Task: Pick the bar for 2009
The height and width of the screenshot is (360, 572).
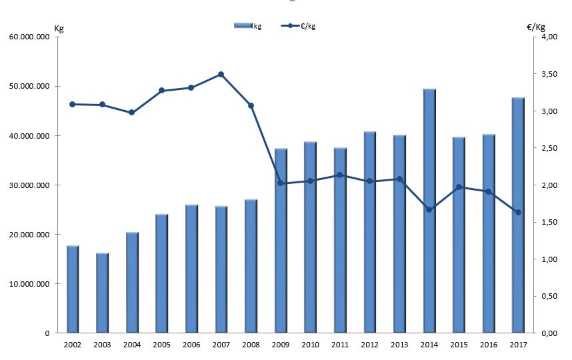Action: pos(281,241)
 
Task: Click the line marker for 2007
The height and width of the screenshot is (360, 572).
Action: pos(221,75)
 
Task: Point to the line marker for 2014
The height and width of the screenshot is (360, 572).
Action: pos(429,209)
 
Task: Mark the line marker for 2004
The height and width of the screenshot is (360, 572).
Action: pos(131,113)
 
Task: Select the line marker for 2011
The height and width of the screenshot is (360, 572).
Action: pos(341,175)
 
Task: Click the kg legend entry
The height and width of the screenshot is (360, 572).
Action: pos(248,26)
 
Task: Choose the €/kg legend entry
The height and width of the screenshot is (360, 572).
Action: pos(299,26)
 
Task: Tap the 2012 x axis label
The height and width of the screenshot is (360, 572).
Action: pos(370,344)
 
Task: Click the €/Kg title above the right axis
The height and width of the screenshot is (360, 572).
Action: pos(536,27)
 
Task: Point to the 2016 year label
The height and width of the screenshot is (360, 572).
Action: pos(488,344)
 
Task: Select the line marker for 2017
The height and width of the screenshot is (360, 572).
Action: pos(518,213)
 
